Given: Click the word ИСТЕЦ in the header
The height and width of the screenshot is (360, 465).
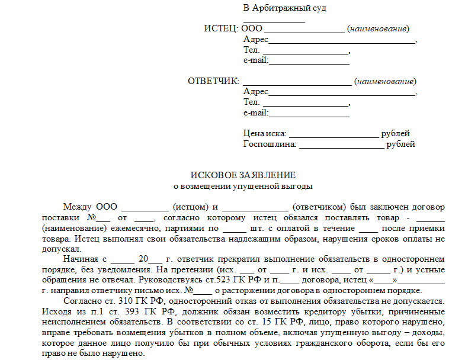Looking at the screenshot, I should [220, 29].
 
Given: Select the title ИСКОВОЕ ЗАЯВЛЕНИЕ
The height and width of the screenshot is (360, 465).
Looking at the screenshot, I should [242, 176].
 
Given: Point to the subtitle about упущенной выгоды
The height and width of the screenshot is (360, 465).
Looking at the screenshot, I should [242, 186].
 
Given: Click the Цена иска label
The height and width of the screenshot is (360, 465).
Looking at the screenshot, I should [264, 134].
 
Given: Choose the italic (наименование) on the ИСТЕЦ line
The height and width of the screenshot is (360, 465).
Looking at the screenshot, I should [378, 29].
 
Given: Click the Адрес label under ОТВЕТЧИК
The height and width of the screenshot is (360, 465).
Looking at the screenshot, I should [256, 92].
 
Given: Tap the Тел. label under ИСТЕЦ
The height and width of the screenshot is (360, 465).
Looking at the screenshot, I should [251, 50].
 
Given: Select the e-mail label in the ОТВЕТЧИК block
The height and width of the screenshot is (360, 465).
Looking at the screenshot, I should [256, 112].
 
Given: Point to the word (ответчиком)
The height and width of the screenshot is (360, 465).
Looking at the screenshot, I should [320, 207].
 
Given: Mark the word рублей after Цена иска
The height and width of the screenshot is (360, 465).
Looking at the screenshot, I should [395, 134].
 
